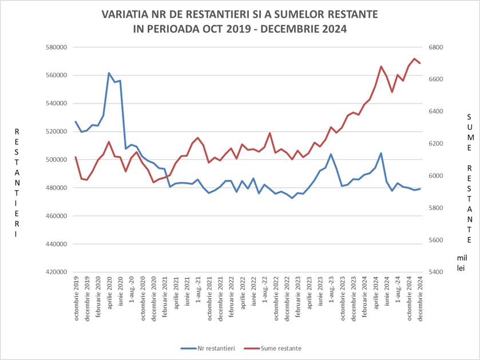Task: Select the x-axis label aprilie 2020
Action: [x=109, y=295]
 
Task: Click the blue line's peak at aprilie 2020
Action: [x=109, y=73]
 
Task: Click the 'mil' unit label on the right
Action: [x=461, y=258]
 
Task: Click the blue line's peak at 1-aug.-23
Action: [x=331, y=154]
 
